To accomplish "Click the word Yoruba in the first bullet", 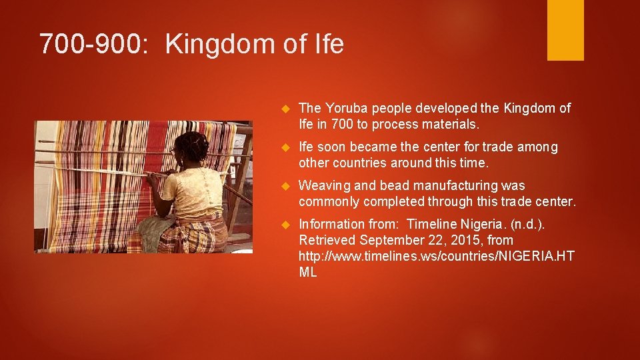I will click(345, 108).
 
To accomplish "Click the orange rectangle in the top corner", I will click(565, 30).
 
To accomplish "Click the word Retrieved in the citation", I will click(327, 240).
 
